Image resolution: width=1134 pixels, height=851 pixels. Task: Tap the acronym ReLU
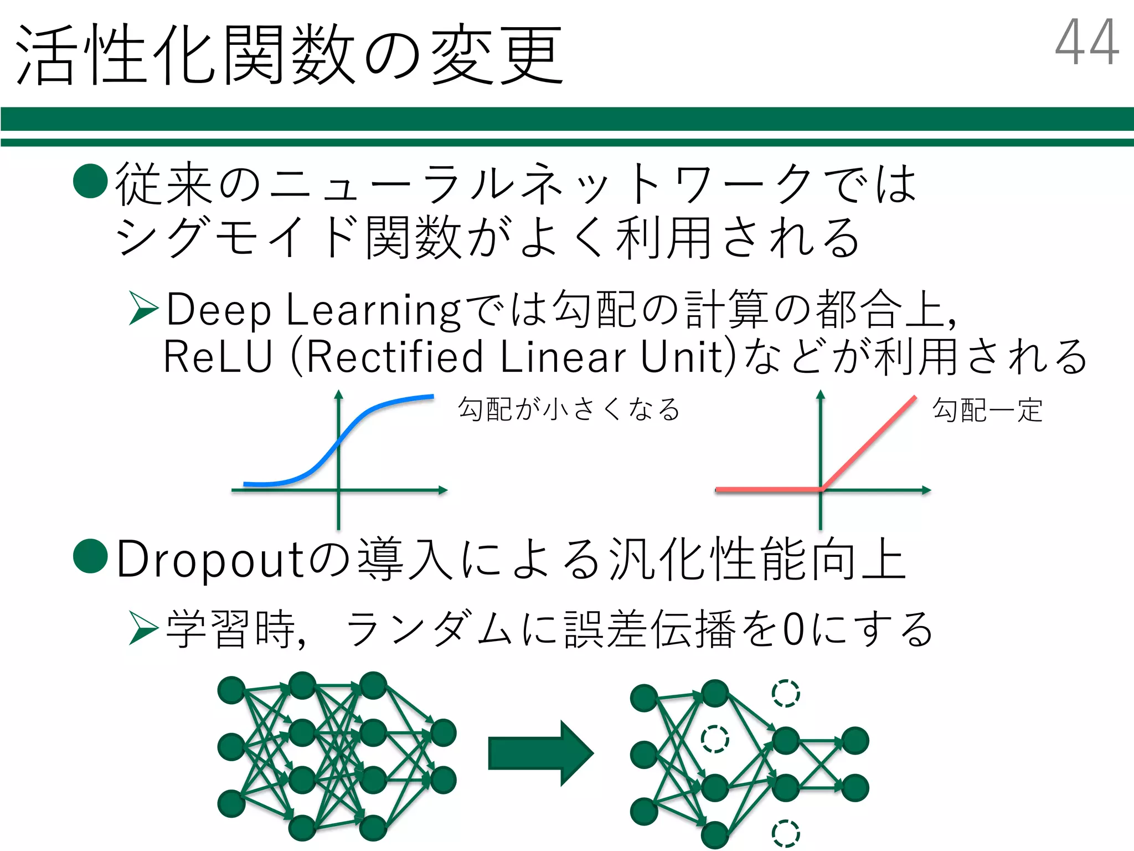coord(218,357)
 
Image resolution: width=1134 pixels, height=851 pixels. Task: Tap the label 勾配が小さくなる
coord(569,410)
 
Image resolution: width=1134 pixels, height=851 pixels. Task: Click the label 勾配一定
coord(988,411)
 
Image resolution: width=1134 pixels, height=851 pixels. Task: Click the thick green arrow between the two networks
coord(540,753)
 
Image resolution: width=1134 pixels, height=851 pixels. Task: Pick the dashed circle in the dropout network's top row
coord(786,694)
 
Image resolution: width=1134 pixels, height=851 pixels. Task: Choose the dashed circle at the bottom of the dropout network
coord(786,833)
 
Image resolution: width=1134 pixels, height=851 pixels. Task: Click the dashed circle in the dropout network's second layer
coord(715,739)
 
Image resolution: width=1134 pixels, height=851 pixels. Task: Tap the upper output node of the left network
coord(444,733)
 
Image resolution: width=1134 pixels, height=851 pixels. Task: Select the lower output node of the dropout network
coord(855,788)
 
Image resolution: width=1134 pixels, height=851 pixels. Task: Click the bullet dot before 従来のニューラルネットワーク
coord(90,181)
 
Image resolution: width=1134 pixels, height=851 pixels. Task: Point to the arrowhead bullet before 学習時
coord(143,628)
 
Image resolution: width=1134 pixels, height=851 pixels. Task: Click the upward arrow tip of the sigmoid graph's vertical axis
coord(339,393)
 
